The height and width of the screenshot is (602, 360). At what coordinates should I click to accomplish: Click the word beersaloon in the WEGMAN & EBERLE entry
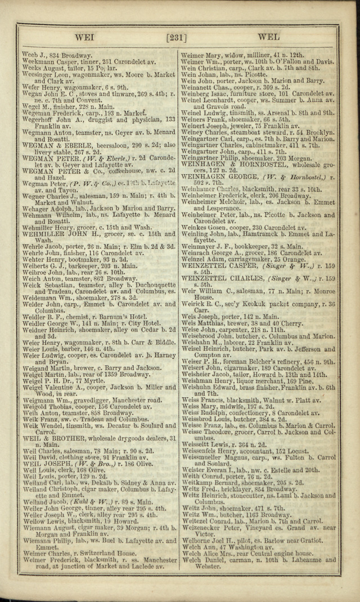click(x=116, y=145)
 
